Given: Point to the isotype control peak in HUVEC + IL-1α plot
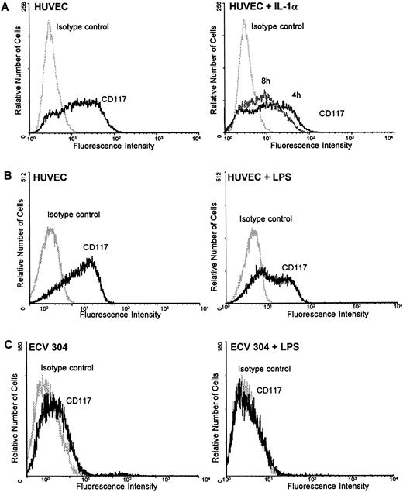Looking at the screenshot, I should [x=245, y=23].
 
